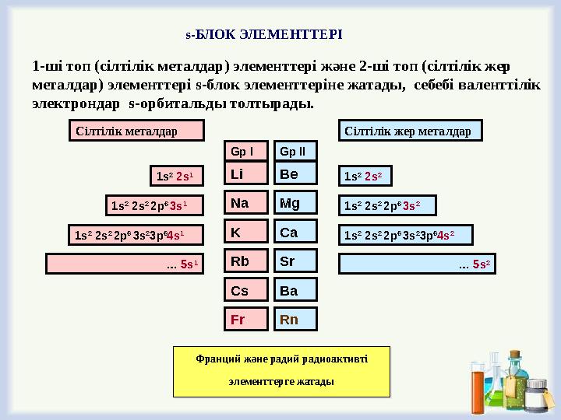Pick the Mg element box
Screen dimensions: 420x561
[295, 203]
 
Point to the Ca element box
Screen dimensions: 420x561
[295, 232]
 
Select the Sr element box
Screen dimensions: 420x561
[295, 261]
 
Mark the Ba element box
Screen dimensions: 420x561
[295, 290]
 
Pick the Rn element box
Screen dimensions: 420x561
[295, 319]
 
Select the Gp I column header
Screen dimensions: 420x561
[246, 150]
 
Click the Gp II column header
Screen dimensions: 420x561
[294, 150]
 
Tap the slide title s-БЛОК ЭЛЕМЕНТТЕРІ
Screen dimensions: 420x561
[264, 35]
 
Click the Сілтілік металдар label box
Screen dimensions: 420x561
[136, 131]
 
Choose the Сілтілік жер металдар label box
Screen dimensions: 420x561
[412, 131]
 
